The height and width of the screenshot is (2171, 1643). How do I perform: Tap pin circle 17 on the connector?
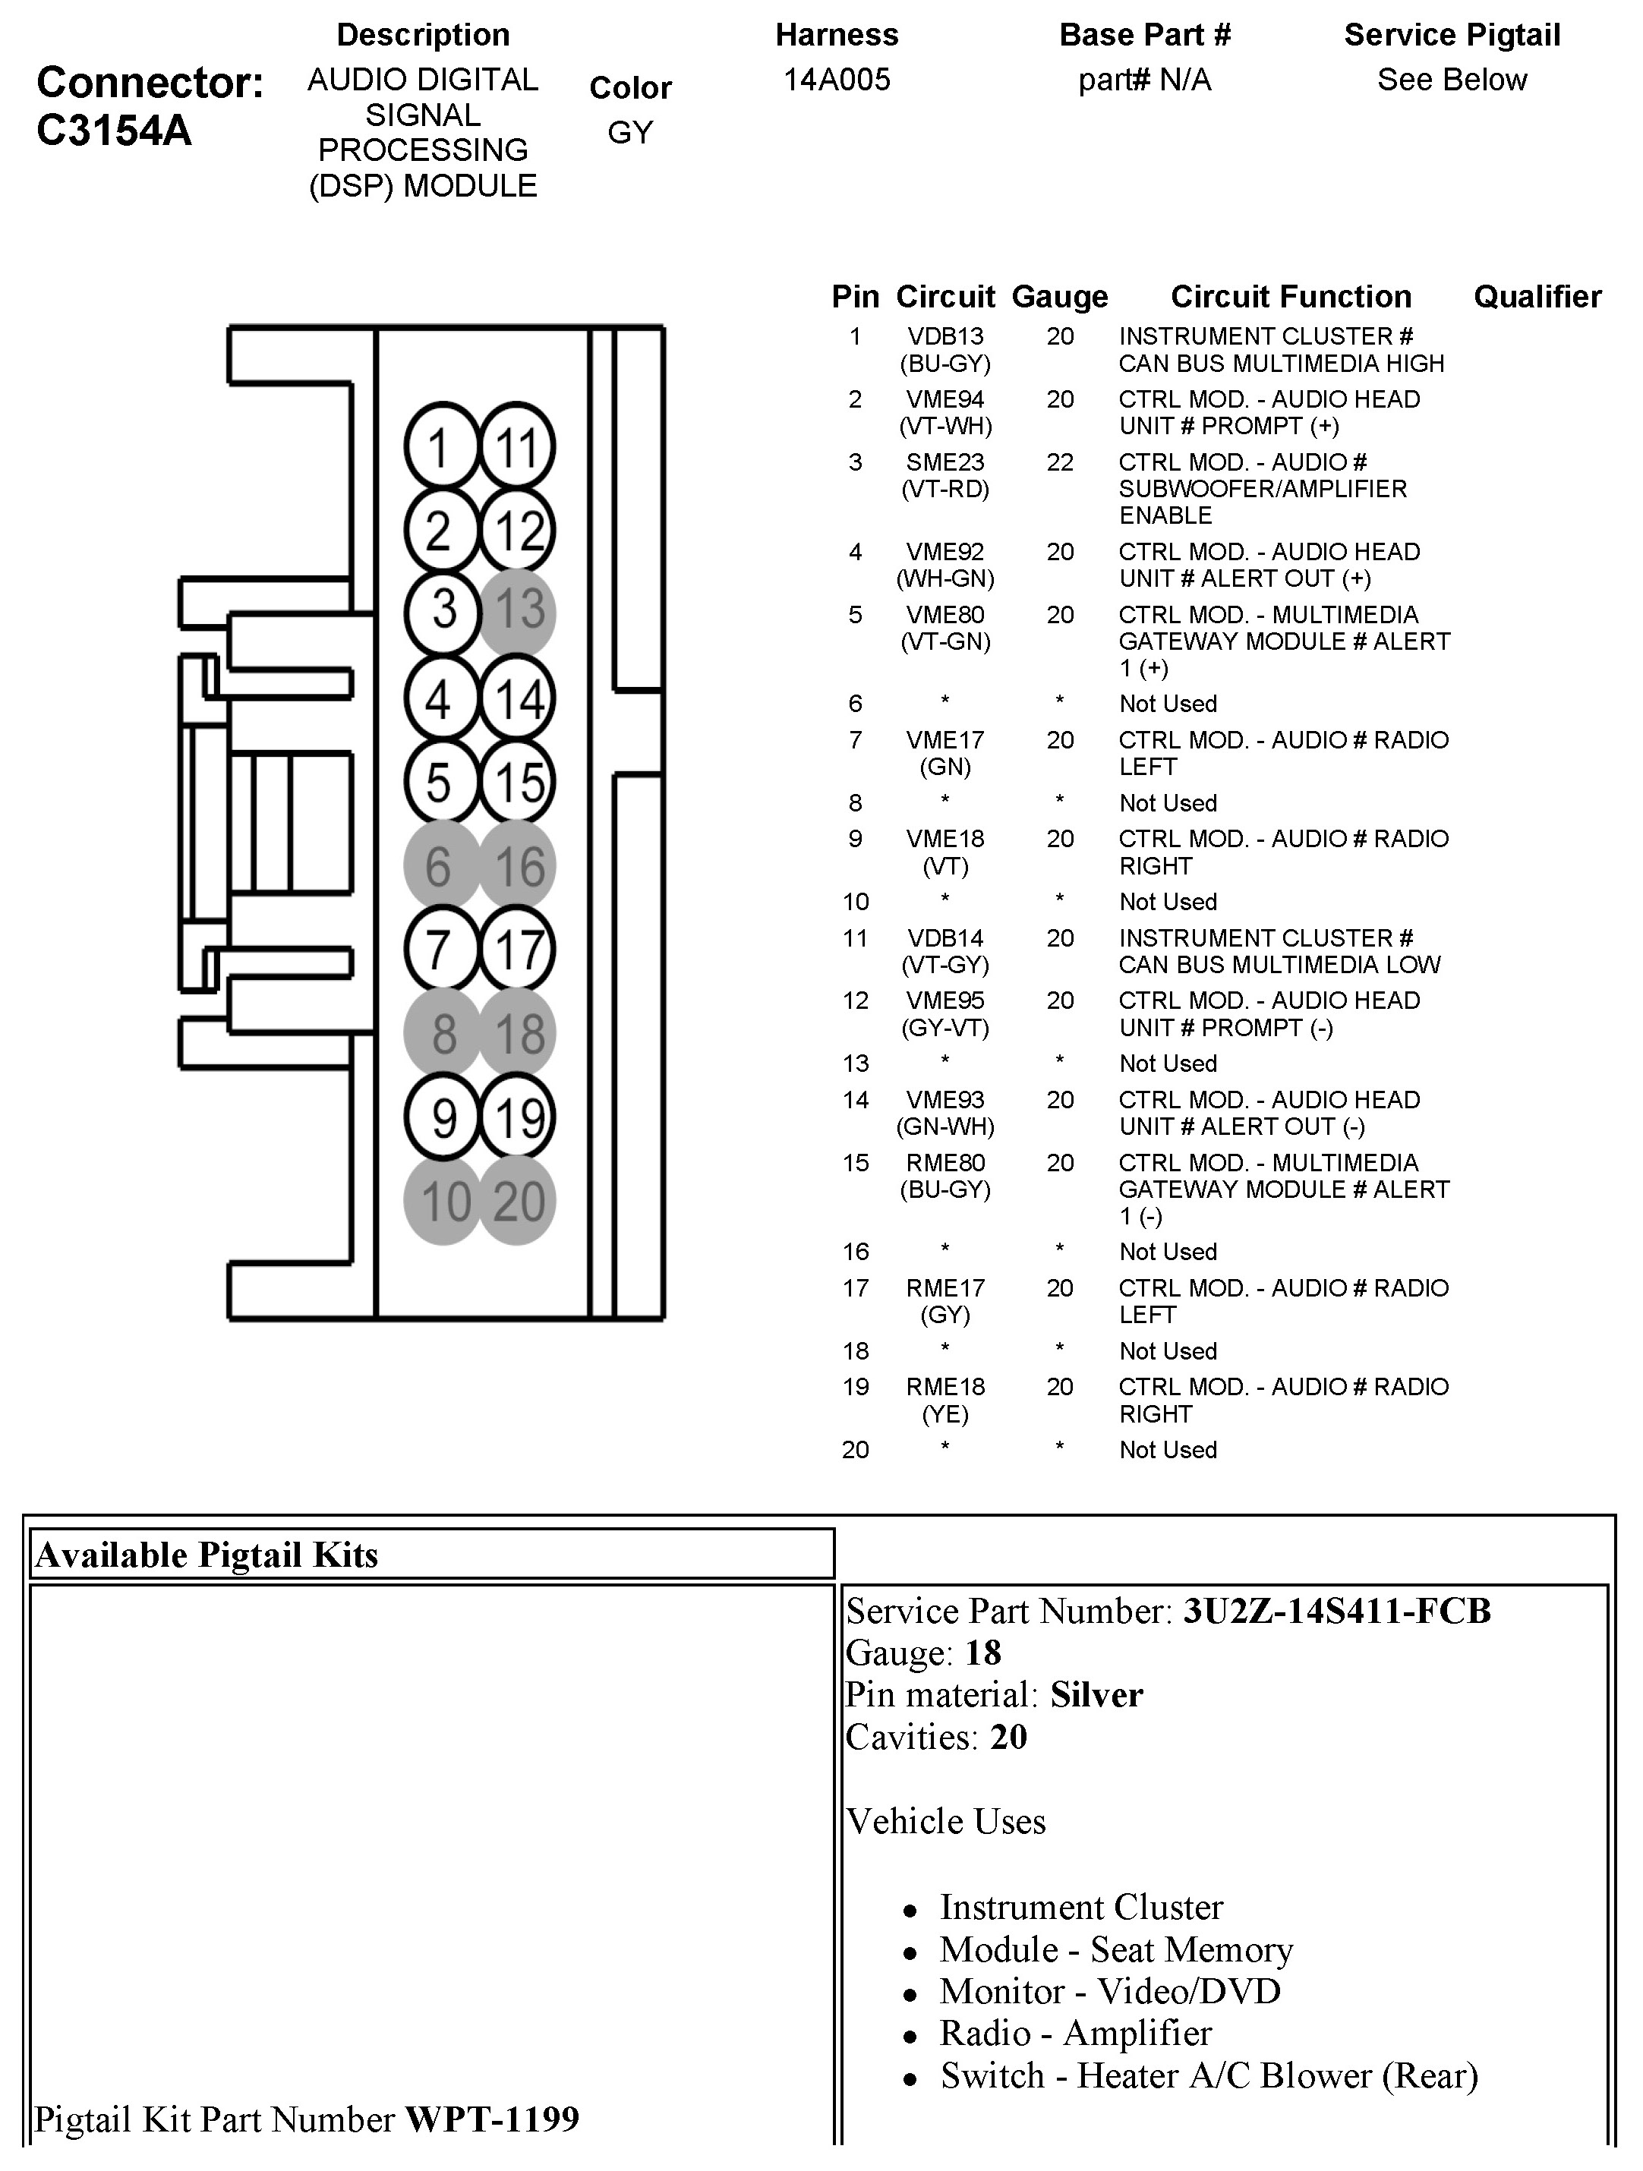[519, 949]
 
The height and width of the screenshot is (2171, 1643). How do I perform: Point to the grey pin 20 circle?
[519, 1202]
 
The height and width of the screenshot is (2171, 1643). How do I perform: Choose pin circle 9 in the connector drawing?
[443, 1118]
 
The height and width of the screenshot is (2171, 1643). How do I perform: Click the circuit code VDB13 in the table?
[944, 336]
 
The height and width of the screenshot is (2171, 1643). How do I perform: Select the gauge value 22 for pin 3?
[1059, 462]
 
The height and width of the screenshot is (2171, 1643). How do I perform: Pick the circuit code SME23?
[944, 462]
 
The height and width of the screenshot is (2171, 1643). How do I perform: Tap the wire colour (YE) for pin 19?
[944, 1414]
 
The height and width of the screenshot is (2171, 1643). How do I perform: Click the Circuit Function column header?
[1290, 296]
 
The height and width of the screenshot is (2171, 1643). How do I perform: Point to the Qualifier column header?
[1536, 296]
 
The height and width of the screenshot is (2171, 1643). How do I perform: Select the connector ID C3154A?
[114, 131]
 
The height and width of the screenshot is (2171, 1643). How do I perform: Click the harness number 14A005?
[836, 80]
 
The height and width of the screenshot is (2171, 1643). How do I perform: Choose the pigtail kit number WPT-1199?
[492, 2119]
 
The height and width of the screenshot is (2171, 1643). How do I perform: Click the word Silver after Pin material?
[1096, 1695]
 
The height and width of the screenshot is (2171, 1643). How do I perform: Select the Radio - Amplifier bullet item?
[1075, 2033]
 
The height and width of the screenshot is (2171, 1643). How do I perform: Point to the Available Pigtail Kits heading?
[206, 1555]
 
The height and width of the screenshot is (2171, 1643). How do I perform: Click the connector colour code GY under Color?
[630, 133]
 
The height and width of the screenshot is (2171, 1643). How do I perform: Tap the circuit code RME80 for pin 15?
[944, 1163]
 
